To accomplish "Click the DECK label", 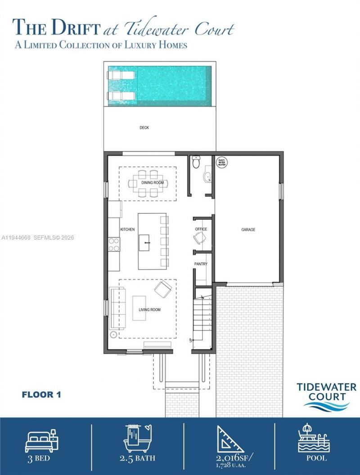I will point(144,128).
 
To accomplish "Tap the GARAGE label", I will point(248,230).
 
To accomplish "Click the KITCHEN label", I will point(127,230).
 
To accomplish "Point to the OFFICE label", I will point(201,229).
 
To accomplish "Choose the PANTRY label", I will point(201,264).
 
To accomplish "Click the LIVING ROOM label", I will point(149,310).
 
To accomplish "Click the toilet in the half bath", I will point(195,162).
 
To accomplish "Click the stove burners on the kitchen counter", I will point(114,244).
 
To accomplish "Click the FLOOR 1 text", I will point(41,395).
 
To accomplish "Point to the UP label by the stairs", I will point(191,340).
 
